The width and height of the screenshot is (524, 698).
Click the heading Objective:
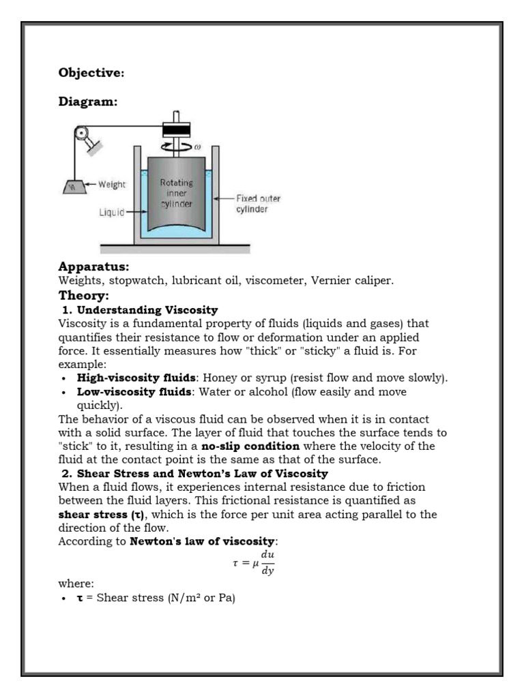tap(91, 72)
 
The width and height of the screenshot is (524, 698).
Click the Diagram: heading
tap(88, 102)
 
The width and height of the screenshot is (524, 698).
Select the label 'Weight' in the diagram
tap(112, 185)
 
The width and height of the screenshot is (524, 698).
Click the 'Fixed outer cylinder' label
tap(258, 204)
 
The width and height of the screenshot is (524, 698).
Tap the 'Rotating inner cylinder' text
tap(176, 194)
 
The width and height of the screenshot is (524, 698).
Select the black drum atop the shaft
tap(176, 130)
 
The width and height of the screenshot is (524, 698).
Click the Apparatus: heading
tap(94, 266)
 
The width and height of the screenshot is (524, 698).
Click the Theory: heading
tap(84, 296)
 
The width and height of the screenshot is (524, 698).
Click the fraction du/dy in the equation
tap(267, 562)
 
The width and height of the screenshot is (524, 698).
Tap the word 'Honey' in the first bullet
tap(219, 378)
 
